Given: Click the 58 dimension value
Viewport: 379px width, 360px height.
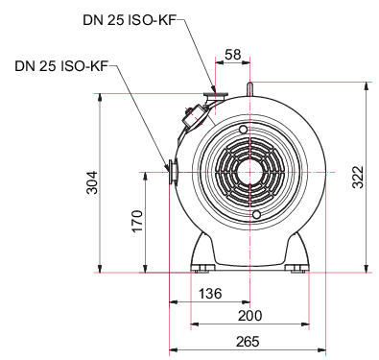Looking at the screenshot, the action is point(232,55).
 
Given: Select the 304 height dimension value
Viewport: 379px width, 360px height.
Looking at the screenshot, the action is point(92,182).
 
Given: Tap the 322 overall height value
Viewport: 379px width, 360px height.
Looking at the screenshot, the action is point(358,178).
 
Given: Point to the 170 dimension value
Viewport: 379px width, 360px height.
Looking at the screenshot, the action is point(136,221).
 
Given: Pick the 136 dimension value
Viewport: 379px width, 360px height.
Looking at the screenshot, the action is point(210,293).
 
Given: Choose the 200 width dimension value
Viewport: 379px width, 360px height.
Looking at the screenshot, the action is point(249,316).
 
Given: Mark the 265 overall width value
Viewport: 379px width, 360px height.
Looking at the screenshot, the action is point(248,342).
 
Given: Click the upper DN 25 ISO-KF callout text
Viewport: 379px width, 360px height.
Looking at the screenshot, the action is point(130,20).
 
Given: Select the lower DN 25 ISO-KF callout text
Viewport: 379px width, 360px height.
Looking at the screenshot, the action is point(61,66).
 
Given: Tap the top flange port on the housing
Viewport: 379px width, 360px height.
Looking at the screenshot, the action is point(215,95).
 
